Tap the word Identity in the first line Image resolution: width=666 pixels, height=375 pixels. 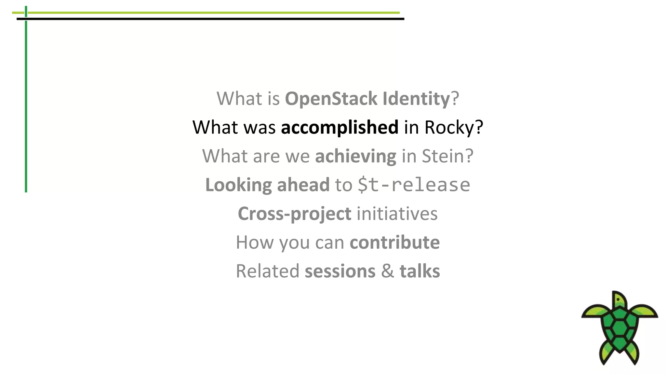pos(416,99)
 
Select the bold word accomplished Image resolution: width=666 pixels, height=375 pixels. pos(340,127)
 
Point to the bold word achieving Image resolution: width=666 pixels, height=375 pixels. pos(355,156)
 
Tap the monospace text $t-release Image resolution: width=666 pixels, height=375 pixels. pos(414,185)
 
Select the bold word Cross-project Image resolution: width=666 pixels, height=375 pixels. pos(294,214)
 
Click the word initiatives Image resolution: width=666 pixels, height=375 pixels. pos(397,214)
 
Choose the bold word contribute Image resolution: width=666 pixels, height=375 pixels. pos(394,242)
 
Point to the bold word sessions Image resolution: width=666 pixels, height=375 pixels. pos(340,271)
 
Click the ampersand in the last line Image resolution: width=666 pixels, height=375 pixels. pos(387,271)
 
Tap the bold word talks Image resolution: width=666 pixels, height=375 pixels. pos(420,271)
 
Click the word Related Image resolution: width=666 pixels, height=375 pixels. pos(267,271)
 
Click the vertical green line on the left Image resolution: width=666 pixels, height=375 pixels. pos(26,107)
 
